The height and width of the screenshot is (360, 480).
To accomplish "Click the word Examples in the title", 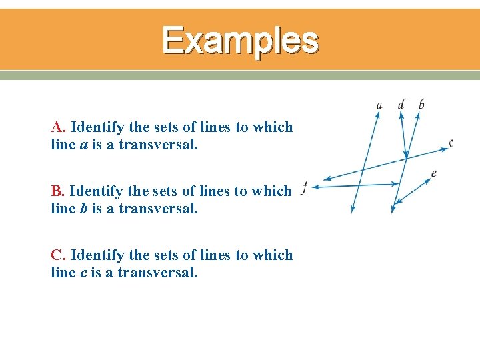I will (240, 40).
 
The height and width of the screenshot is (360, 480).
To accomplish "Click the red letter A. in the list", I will (59, 127).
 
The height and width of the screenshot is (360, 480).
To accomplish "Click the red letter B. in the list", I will (59, 191).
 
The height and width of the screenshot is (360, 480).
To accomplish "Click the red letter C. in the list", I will (59, 255).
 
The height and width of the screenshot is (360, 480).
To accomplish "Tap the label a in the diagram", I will (379, 105).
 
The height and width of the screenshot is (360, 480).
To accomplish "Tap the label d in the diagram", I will (401, 104).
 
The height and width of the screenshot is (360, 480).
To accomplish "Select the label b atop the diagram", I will (421, 104).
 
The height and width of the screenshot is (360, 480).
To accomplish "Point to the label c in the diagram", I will (451, 142).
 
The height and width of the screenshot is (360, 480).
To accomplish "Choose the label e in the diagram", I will (434, 173).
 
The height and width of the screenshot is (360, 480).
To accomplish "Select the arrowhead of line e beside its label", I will (427, 179).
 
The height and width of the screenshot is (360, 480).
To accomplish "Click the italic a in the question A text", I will (85, 144).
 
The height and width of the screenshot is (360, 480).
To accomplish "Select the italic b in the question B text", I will (85, 209).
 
